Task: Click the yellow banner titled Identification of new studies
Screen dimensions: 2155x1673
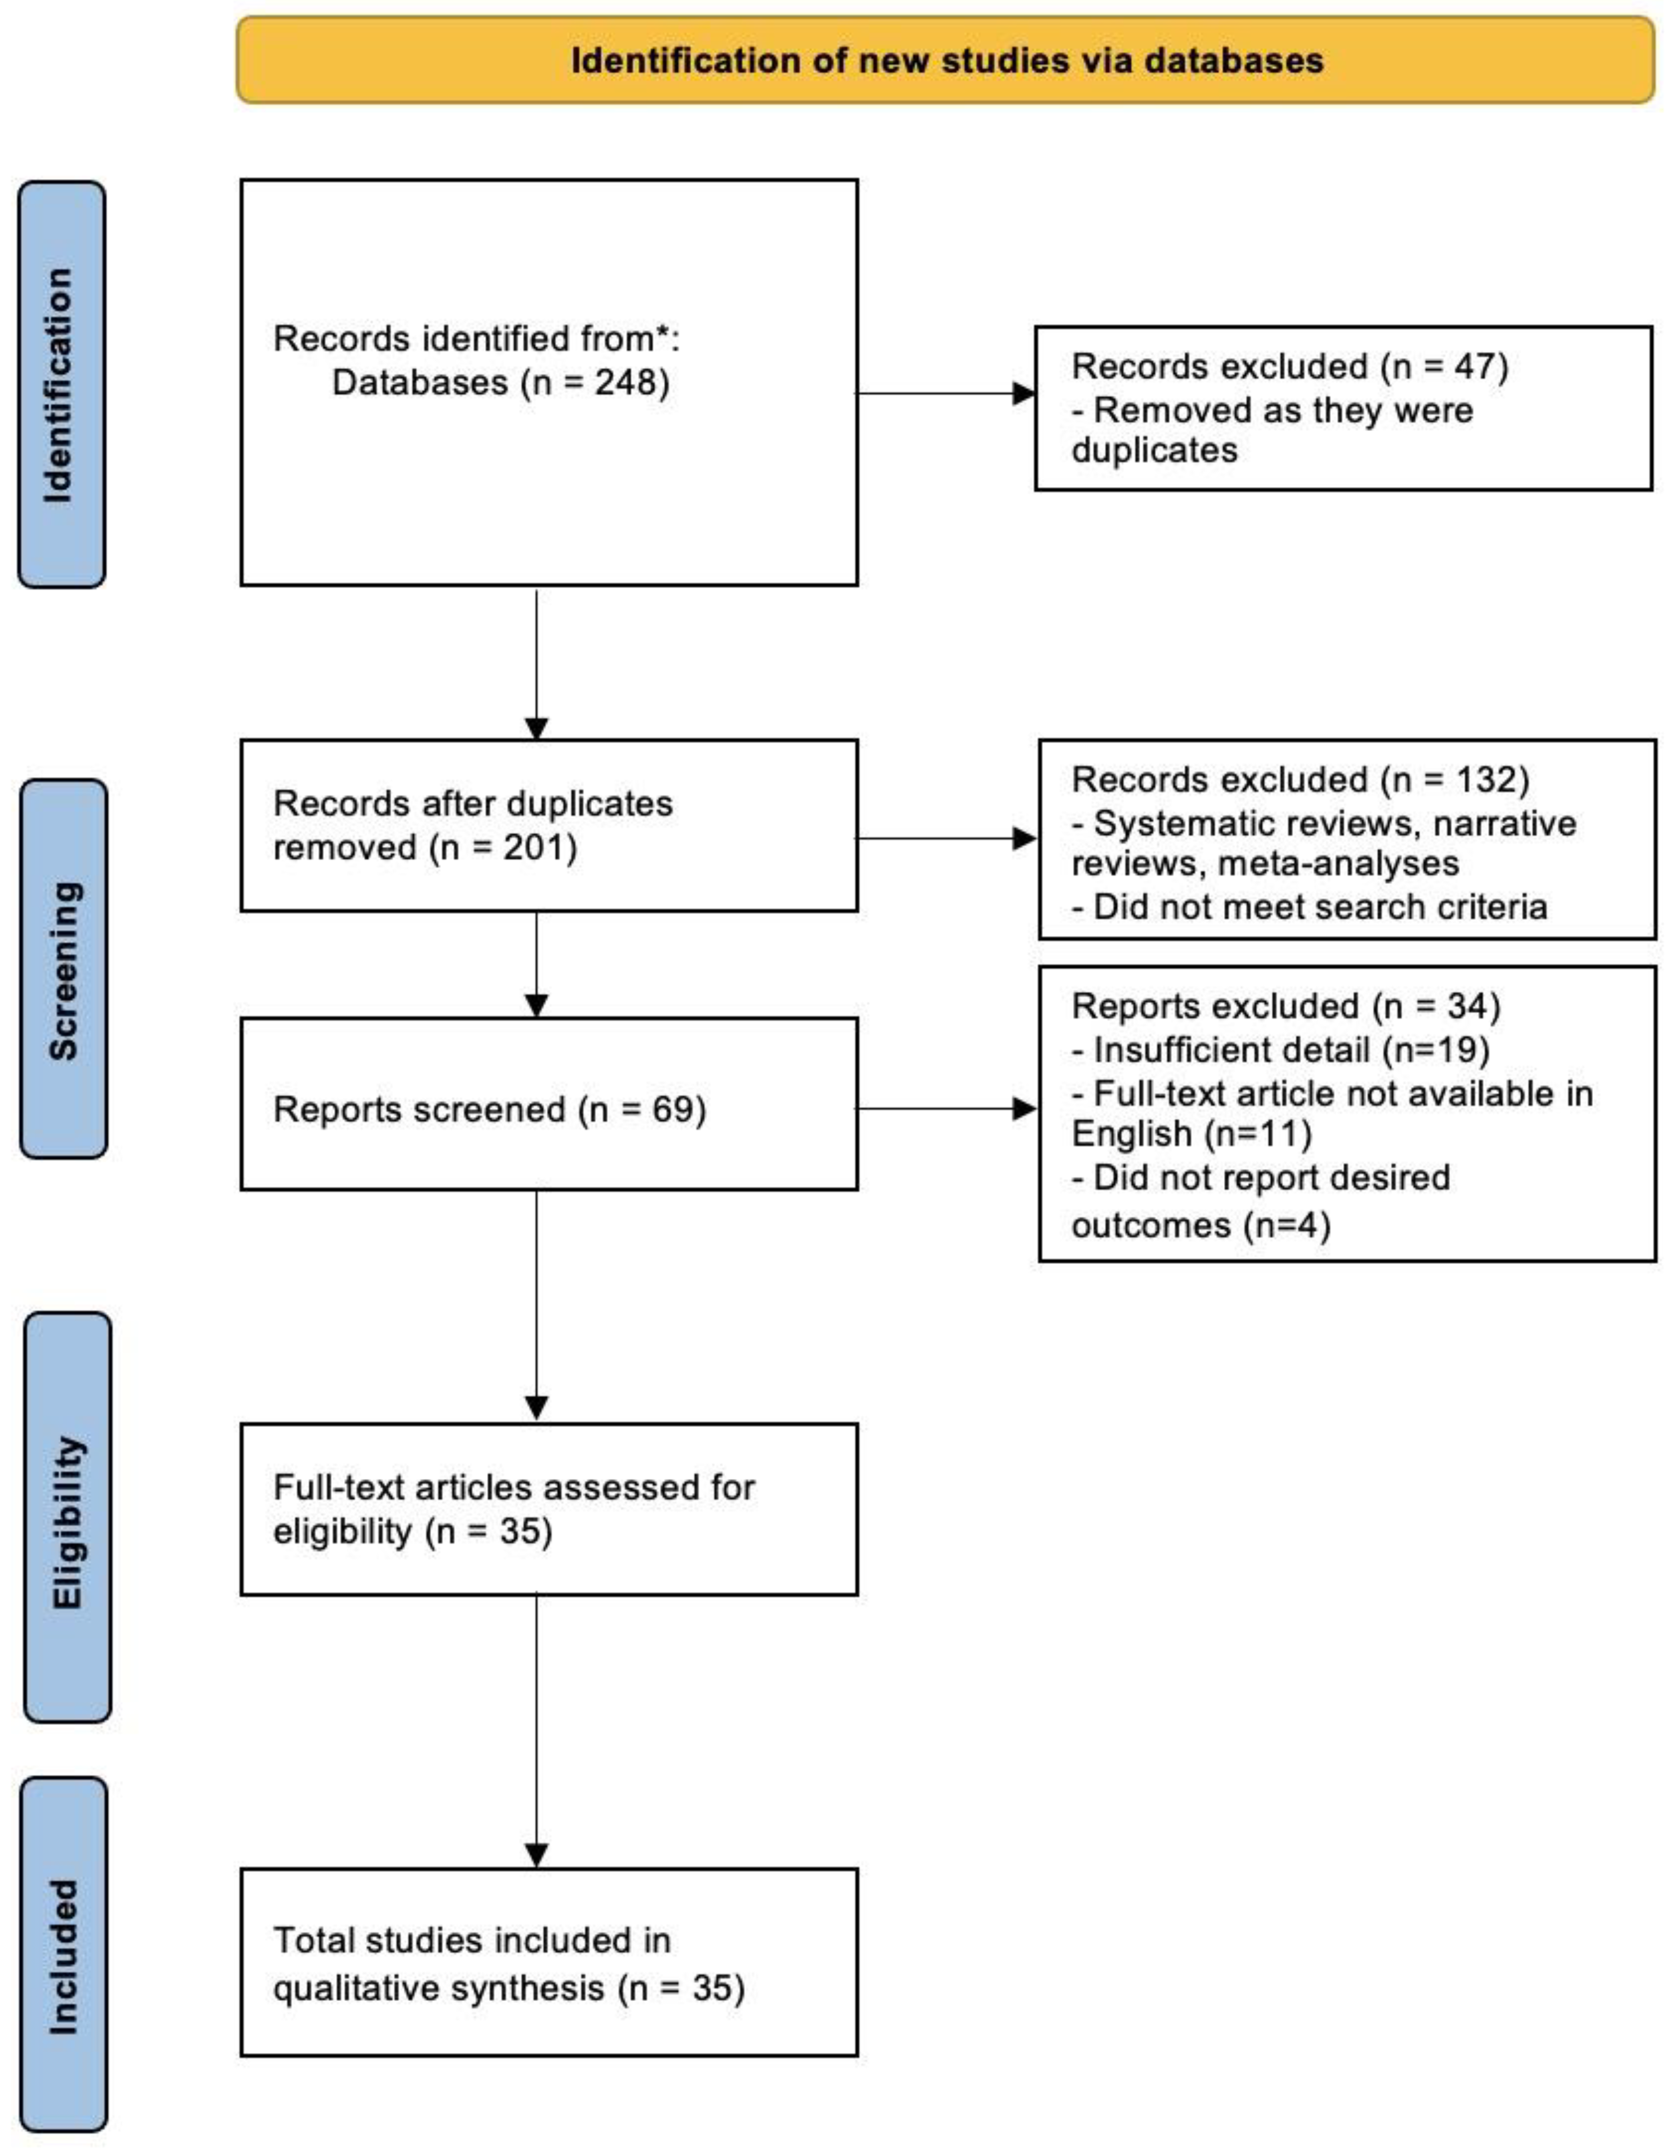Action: (945, 60)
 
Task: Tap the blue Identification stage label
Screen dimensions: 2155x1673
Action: (61, 385)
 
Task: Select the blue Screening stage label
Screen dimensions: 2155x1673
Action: (63, 969)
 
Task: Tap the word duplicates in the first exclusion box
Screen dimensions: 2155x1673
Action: (1154, 451)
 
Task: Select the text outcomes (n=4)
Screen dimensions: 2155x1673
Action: (1201, 1225)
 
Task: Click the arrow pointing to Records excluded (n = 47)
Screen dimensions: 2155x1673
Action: (1024, 394)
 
